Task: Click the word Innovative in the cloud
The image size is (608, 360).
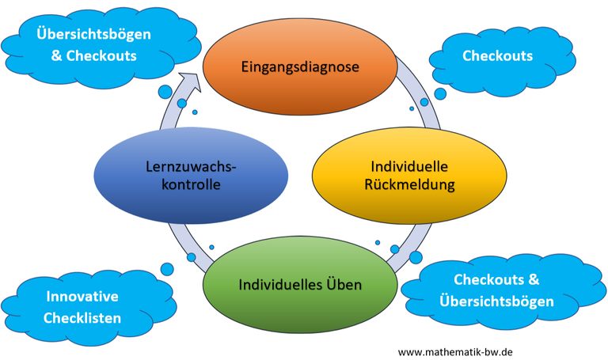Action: (x=82, y=297)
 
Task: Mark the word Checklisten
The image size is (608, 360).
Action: (x=82, y=318)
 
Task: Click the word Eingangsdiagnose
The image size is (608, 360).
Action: (x=299, y=66)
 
